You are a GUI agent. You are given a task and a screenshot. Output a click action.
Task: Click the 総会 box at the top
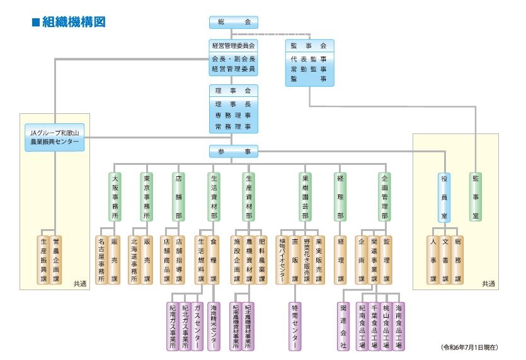tap(234, 23)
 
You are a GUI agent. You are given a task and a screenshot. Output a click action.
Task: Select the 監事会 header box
tap(309, 46)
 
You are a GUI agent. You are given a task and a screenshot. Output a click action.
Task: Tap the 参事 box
tap(234, 151)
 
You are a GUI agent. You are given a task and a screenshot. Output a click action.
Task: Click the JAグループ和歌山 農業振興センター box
tap(54, 137)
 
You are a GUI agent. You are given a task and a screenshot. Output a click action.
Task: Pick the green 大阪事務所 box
tap(115, 197)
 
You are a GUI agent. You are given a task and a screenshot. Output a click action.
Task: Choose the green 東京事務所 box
tap(147, 197)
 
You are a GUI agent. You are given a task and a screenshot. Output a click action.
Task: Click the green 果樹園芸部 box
tap(305, 197)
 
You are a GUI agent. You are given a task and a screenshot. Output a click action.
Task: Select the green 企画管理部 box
tap(384, 197)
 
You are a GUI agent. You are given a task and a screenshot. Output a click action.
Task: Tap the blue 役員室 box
tap(444, 198)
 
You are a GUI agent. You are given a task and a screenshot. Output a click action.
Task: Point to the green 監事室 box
tap(476, 197)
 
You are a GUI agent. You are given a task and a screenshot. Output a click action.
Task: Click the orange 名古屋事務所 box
tap(101, 260)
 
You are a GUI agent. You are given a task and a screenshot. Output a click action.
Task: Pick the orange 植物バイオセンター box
tap(282, 260)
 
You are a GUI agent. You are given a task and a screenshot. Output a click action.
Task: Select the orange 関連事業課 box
tap(374, 260)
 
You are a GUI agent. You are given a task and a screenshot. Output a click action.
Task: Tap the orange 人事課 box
tap(433, 260)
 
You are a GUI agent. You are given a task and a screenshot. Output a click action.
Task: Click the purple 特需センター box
tap(295, 327)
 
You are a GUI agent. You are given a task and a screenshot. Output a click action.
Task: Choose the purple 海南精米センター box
tap(214, 327)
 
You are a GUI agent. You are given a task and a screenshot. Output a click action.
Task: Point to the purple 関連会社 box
tap(343, 327)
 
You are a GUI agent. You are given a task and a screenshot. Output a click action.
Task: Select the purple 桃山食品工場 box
tap(386, 327)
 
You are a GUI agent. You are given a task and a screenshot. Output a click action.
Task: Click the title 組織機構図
tap(69, 22)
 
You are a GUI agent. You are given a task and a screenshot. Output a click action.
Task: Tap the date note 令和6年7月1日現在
tap(469, 347)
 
